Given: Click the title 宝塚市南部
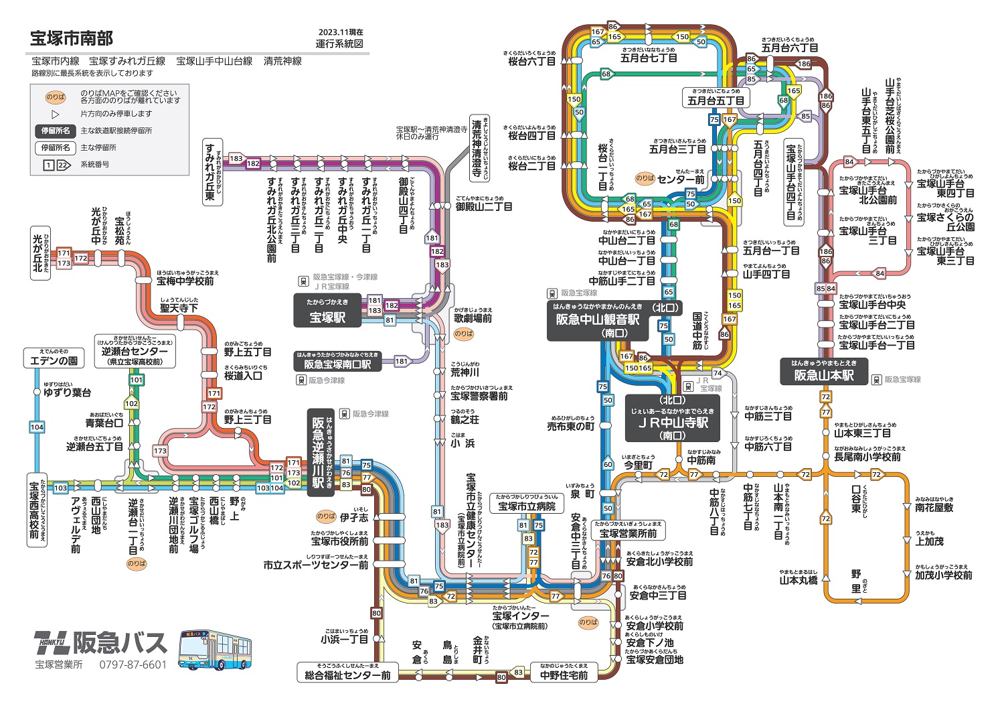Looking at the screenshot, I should click(x=72, y=38).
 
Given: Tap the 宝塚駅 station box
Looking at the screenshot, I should click(x=327, y=312).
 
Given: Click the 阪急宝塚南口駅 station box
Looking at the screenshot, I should click(x=337, y=362).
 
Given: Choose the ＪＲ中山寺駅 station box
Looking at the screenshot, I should click(x=673, y=418).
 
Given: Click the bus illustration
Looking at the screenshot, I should click(x=215, y=650).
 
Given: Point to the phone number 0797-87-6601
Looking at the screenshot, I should click(x=133, y=664).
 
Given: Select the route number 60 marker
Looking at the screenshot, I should click(x=607, y=464).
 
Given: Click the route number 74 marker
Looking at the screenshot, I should click(x=718, y=373).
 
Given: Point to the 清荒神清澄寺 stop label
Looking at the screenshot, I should click(x=478, y=148).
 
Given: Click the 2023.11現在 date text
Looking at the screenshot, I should click(x=341, y=32).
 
